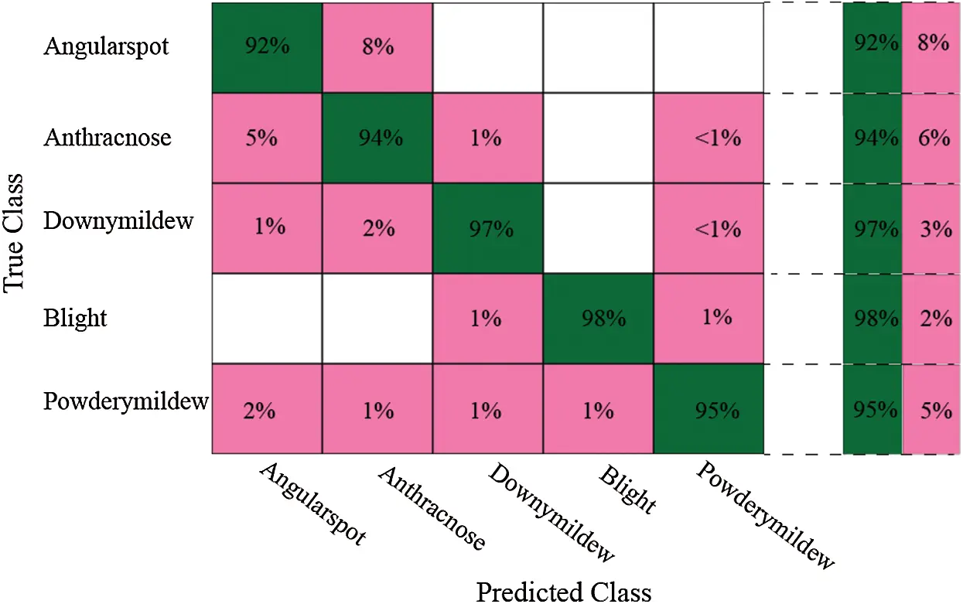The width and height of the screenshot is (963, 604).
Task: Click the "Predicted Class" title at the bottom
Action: (x=563, y=592)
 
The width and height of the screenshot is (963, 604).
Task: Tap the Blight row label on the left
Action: (x=75, y=318)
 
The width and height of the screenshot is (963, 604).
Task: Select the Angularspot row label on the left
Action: (x=106, y=46)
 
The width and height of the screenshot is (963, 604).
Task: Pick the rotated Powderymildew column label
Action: (x=764, y=515)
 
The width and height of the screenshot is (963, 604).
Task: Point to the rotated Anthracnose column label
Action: (x=431, y=507)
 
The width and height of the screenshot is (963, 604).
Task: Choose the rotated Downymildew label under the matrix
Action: (x=551, y=513)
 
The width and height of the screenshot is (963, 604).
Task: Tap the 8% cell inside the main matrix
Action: (x=377, y=46)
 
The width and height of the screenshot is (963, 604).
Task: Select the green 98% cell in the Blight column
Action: (x=598, y=318)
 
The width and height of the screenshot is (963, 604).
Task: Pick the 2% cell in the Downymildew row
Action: (x=377, y=228)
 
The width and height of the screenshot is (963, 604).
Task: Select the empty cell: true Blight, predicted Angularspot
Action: (x=266, y=318)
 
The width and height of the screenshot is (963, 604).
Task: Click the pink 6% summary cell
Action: (x=933, y=138)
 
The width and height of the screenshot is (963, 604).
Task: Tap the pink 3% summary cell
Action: (x=933, y=228)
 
